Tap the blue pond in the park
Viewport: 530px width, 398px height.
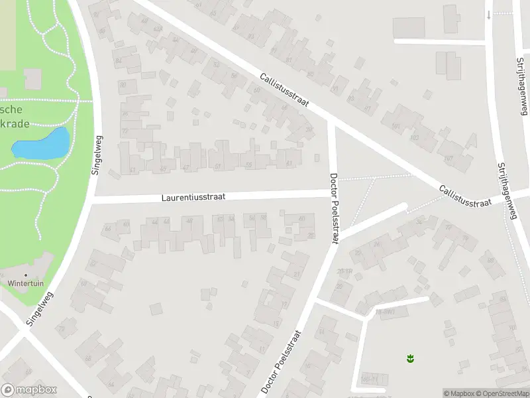coord(42,144)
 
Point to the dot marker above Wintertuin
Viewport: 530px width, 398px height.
coord(26,275)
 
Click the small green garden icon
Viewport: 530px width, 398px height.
coord(410,359)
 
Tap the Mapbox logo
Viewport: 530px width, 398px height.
coord(28,390)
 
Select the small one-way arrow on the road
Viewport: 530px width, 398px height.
coord(489,15)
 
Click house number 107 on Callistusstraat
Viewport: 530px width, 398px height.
coord(449,158)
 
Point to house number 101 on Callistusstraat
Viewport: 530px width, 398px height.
coord(396,125)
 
